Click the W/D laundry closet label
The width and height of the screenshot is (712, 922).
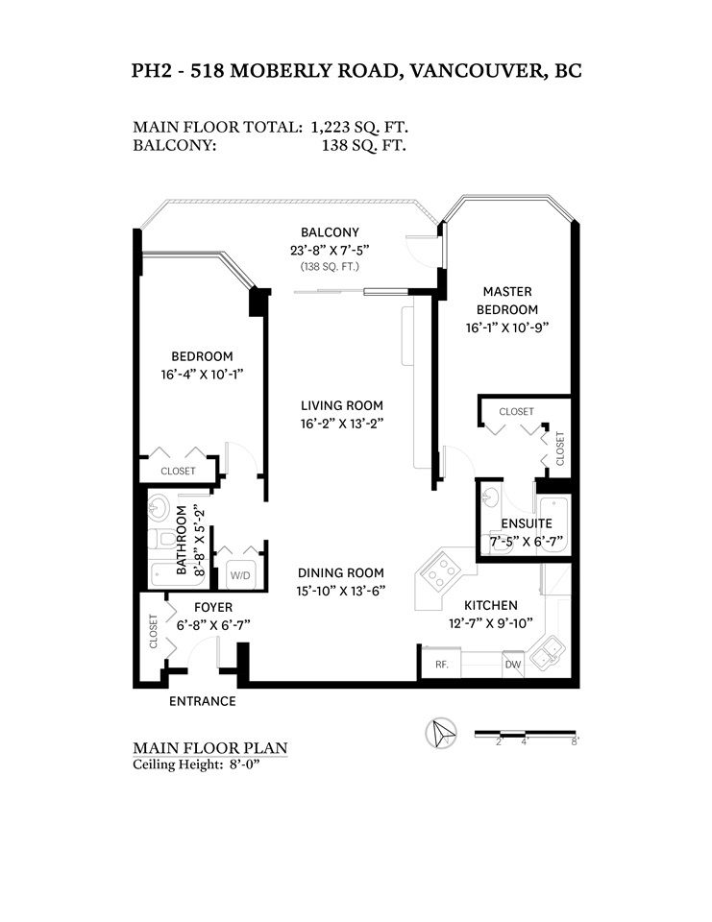click(x=239, y=575)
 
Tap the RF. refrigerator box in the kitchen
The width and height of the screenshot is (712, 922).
click(x=441, y=664)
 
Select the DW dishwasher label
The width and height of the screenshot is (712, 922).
click(x=513, y=665)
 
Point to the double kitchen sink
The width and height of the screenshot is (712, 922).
click(x=548, y=652)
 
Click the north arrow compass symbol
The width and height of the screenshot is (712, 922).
click(x=441, y=733)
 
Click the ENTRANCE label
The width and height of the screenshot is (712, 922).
click(x=203, y=701)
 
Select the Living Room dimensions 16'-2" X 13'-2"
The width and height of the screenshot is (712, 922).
click(x=342, y=424)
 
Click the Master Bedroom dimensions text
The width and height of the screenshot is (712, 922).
click(x=507, y=328)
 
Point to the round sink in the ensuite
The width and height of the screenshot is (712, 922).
click(x=490, y=497)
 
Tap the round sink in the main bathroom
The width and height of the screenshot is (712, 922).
click(x=158, y=506)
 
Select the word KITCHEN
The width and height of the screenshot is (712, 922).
click(x=491, y=605)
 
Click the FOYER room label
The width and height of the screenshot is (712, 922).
click(x=213, y=607)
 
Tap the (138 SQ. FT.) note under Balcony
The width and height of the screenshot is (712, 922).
click(x=330, y=266)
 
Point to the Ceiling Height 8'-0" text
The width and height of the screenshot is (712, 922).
click(x=197, y=764)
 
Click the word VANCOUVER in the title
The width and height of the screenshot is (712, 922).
click(x=476, y=70)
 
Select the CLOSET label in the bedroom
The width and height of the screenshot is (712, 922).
click(x=178, y=471)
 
